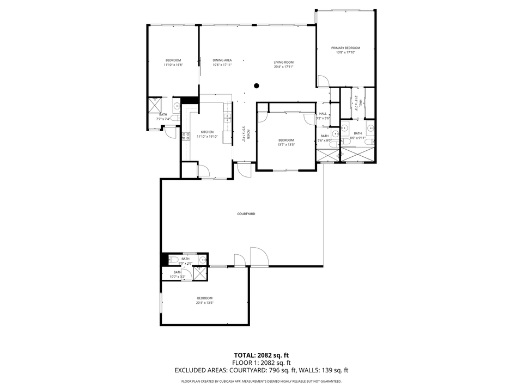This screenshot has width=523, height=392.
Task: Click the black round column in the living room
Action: pos(257,85)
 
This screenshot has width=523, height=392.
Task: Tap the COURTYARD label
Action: pos(246,214)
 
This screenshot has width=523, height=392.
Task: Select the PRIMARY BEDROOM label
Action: pos(345,48)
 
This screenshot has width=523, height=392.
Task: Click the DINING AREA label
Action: pos(222,60)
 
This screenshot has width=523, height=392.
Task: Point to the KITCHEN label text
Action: pos(207,132)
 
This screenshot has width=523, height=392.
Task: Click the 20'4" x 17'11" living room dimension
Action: pos(283,67)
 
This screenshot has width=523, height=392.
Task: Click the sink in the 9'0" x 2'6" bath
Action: pos(203,260)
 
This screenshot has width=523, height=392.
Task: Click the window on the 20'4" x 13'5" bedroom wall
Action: pos(161,303)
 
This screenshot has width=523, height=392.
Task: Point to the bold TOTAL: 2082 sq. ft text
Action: pos(261,355)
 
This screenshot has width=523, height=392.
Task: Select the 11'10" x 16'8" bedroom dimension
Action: pos(173,65)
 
